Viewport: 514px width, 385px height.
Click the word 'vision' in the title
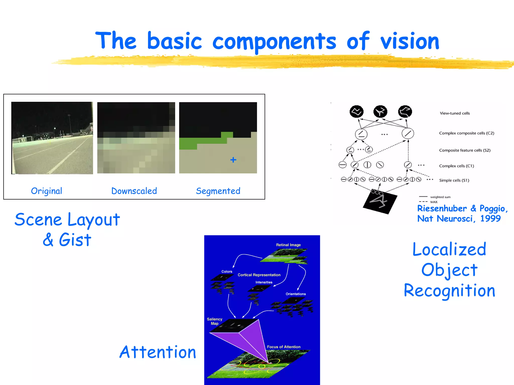[x=410, y=41]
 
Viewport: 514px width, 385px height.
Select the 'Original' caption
[x=46, y=191]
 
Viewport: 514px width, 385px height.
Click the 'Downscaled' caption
[x=134, y=191]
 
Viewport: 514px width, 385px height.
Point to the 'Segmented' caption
[x=218, y=191]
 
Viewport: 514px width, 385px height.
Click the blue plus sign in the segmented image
[x=233, y=160]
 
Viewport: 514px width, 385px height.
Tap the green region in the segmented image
[x=191, y=143]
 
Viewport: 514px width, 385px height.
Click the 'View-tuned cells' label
[x=455, y=113]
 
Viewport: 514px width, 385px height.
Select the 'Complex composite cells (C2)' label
[x=466, y=133]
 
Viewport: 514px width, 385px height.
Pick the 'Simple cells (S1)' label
[x=454, y=180]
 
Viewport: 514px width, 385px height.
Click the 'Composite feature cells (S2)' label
[x=465, y=150]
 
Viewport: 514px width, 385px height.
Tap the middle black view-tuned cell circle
[x=380, y=112]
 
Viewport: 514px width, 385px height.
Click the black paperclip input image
[x=380, y=202]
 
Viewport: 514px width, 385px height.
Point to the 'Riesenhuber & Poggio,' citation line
[x=462, y=209]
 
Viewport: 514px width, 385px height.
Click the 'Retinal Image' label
[x=288, y=245]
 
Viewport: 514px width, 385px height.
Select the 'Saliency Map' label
[x=214, y=321]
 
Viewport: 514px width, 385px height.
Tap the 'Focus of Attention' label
[x=283, y=347]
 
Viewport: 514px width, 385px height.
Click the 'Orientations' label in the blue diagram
[x=295, y=294]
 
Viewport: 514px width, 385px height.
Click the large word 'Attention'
[x=158, y=352]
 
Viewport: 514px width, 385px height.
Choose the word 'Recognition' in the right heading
[x=449, y=291]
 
